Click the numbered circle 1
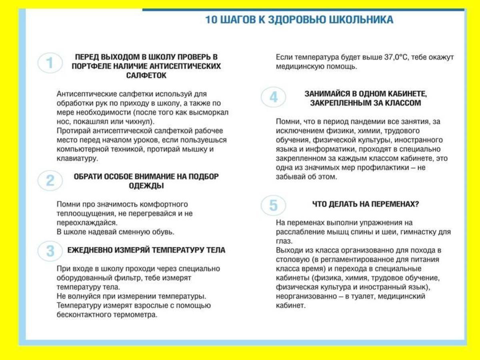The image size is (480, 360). coord(50,63)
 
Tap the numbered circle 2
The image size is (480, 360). coord(50,180)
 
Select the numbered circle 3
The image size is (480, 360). coord(50,251)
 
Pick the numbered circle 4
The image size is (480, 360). coord(273,97)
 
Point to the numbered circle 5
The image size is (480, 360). coord(273,206)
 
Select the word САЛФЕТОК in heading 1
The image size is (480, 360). coord(146,75)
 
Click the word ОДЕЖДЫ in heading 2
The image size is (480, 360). coord(146,186)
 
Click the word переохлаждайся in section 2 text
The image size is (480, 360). coord(86,223)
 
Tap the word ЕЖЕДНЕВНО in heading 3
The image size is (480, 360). coord(90,250)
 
